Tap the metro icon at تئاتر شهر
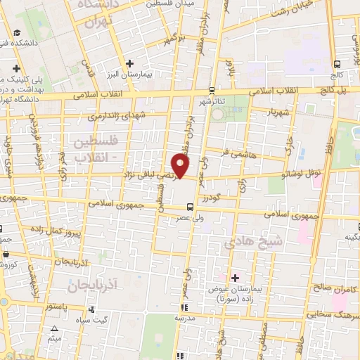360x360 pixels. point(212,90)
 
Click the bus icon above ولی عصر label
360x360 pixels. point(190,207)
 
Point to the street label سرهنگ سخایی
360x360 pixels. point(328,314)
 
